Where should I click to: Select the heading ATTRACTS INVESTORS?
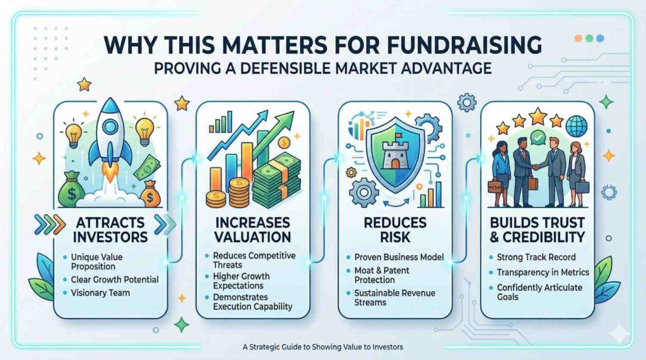point(110,230)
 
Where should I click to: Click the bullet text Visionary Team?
point(100,293)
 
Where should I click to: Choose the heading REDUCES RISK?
point(395,230)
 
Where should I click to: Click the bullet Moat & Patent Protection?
point(382,275)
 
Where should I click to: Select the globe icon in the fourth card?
point(576,127)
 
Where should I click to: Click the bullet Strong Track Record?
point(536,257)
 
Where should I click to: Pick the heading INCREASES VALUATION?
point(253,230)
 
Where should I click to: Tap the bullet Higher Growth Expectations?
point(241,281)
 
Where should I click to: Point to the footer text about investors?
point(323,347)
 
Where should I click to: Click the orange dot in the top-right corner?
point(578,38)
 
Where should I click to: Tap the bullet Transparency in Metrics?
point(543,272)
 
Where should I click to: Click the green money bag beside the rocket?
point(71,190)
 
